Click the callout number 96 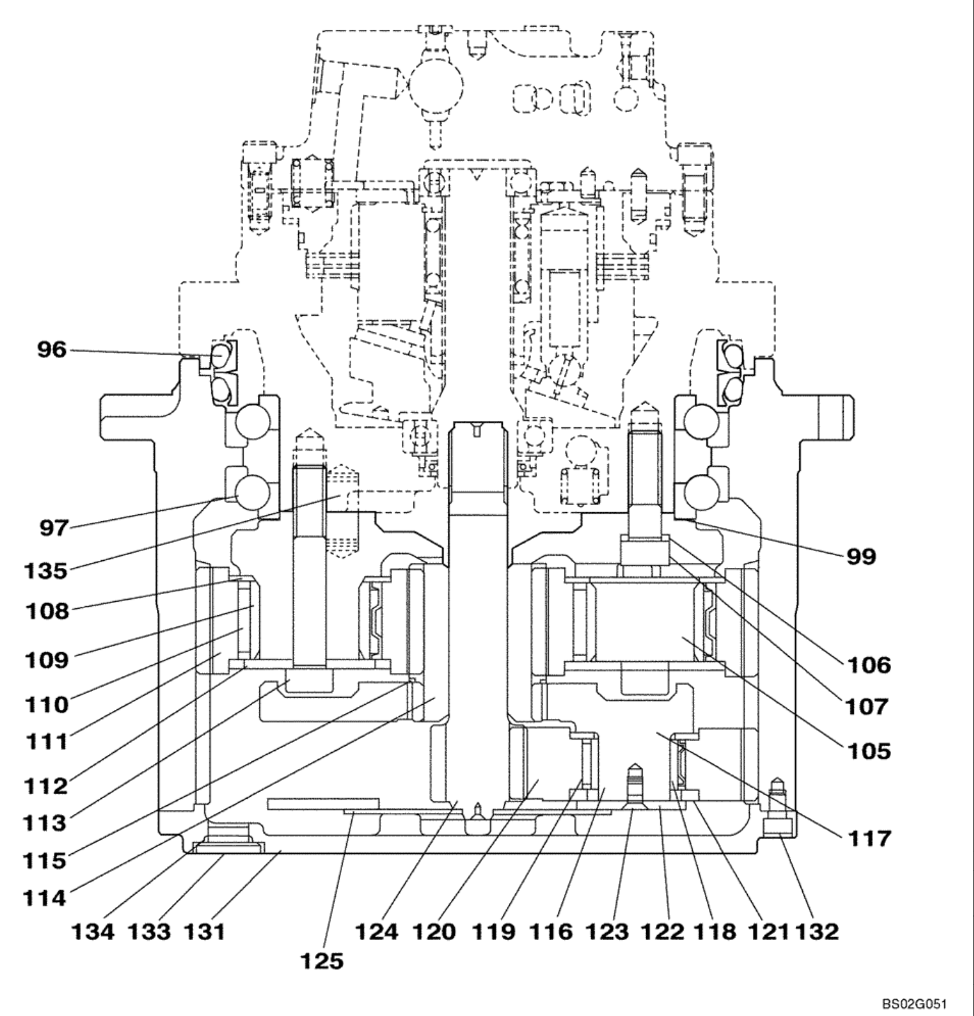click(x=51, y=350)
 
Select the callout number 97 click(x=53, y=528)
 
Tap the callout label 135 click(x=46, y=571)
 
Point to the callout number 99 click(x=861, y=556)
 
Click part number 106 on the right click(x=869, y=665)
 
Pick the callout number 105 click(x=869, y=751)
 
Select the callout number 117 click(x=869, y=838)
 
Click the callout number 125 click(x=321, y=960)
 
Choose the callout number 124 click(x=377, y=932)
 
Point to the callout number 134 click(x=92, y=932)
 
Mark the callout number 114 click(x=45, y=898)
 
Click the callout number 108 click(x=46, y=611)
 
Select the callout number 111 click(x=46, y=741)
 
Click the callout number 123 click(x=607, y=932)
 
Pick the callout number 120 click(x=434, y=932)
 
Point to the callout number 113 click(x=45, y=823)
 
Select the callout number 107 click(x=869, y=706)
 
